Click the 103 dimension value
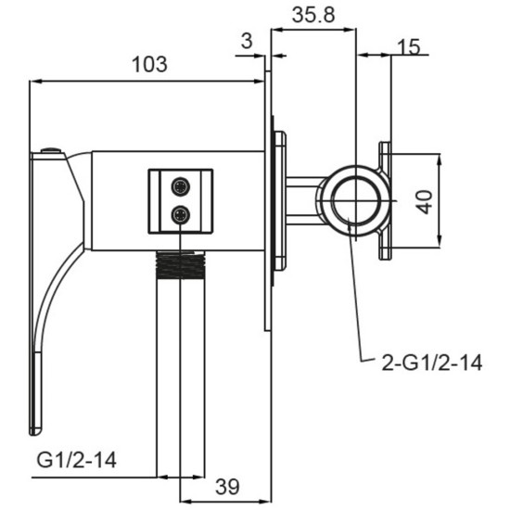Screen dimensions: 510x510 click(x=149, y=64)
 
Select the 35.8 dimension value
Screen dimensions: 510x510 click(x=313, y=15)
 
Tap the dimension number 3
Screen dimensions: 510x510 click(x=248, y=42)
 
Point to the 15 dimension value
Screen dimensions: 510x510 click(x=409, y=47)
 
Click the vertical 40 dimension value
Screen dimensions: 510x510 click(x=425, y=202)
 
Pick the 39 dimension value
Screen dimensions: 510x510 click(x=227, y=487)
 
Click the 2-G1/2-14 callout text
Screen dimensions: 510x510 click(x=431, y=363)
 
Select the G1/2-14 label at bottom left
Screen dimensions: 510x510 click(x=76, y=460)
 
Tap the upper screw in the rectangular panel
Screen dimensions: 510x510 click(x=181, y=187)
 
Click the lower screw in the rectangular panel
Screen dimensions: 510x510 click(x=181, y=215)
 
